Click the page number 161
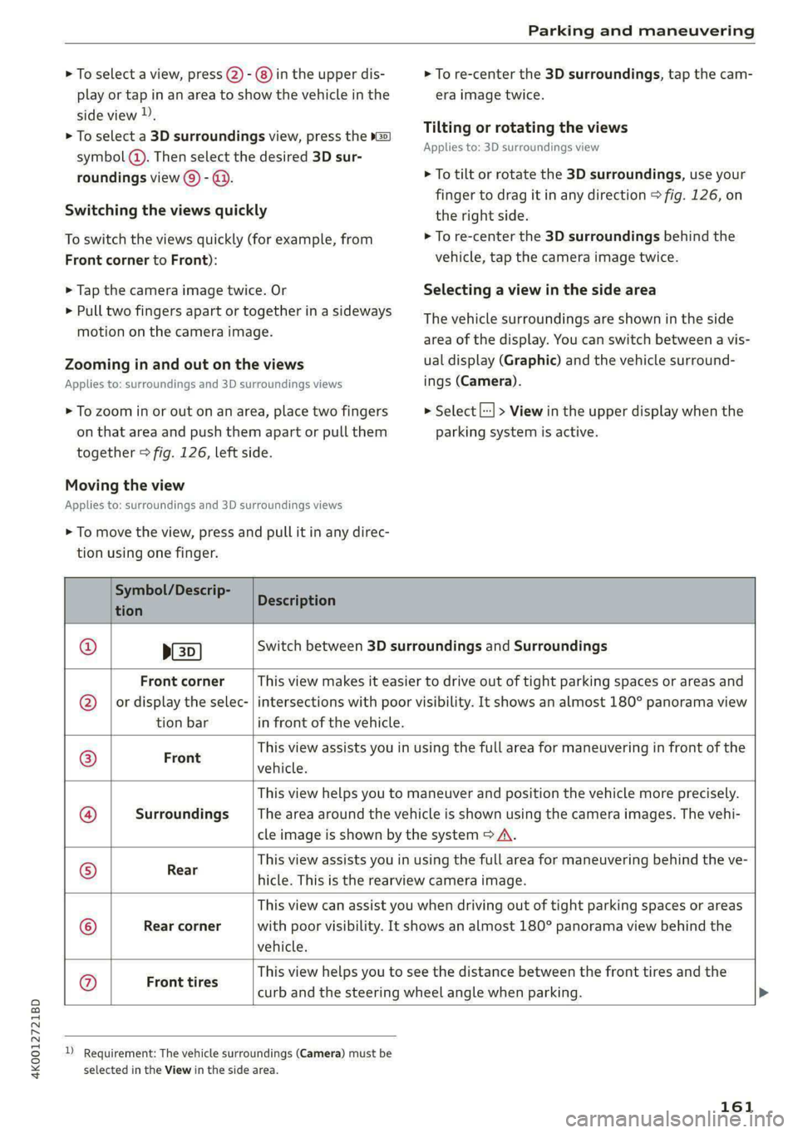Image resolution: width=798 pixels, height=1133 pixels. coord(736,1106)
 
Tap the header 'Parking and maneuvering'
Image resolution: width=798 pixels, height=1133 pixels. coord(641,31)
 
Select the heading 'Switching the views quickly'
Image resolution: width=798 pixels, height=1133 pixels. coord(166,210)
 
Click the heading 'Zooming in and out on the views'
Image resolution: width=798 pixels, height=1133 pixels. coord(185,364)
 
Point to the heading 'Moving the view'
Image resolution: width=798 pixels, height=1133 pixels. coord(125,485)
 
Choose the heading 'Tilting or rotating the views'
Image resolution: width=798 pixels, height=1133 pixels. coord(525,127)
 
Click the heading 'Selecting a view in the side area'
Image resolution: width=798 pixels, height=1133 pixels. coord(539,290)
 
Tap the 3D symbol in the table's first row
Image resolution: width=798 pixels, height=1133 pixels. coord(183,651)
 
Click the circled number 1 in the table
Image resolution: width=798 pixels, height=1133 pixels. coord(87,647)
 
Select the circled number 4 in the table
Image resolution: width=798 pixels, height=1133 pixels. coord(87,815)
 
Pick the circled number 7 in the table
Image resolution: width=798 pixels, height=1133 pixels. coord(87,983)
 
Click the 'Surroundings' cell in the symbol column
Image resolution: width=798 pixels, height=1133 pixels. coord(182,815)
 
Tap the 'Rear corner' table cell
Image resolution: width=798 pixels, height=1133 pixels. coord(182,926)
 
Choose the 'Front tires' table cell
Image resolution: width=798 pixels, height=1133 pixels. coord(182,983)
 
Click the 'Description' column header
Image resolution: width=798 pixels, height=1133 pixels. coord(297,601)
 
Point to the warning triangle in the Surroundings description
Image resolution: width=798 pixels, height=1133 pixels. coord(505,835)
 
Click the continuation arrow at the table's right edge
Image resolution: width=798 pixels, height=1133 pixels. coord(764,993)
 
